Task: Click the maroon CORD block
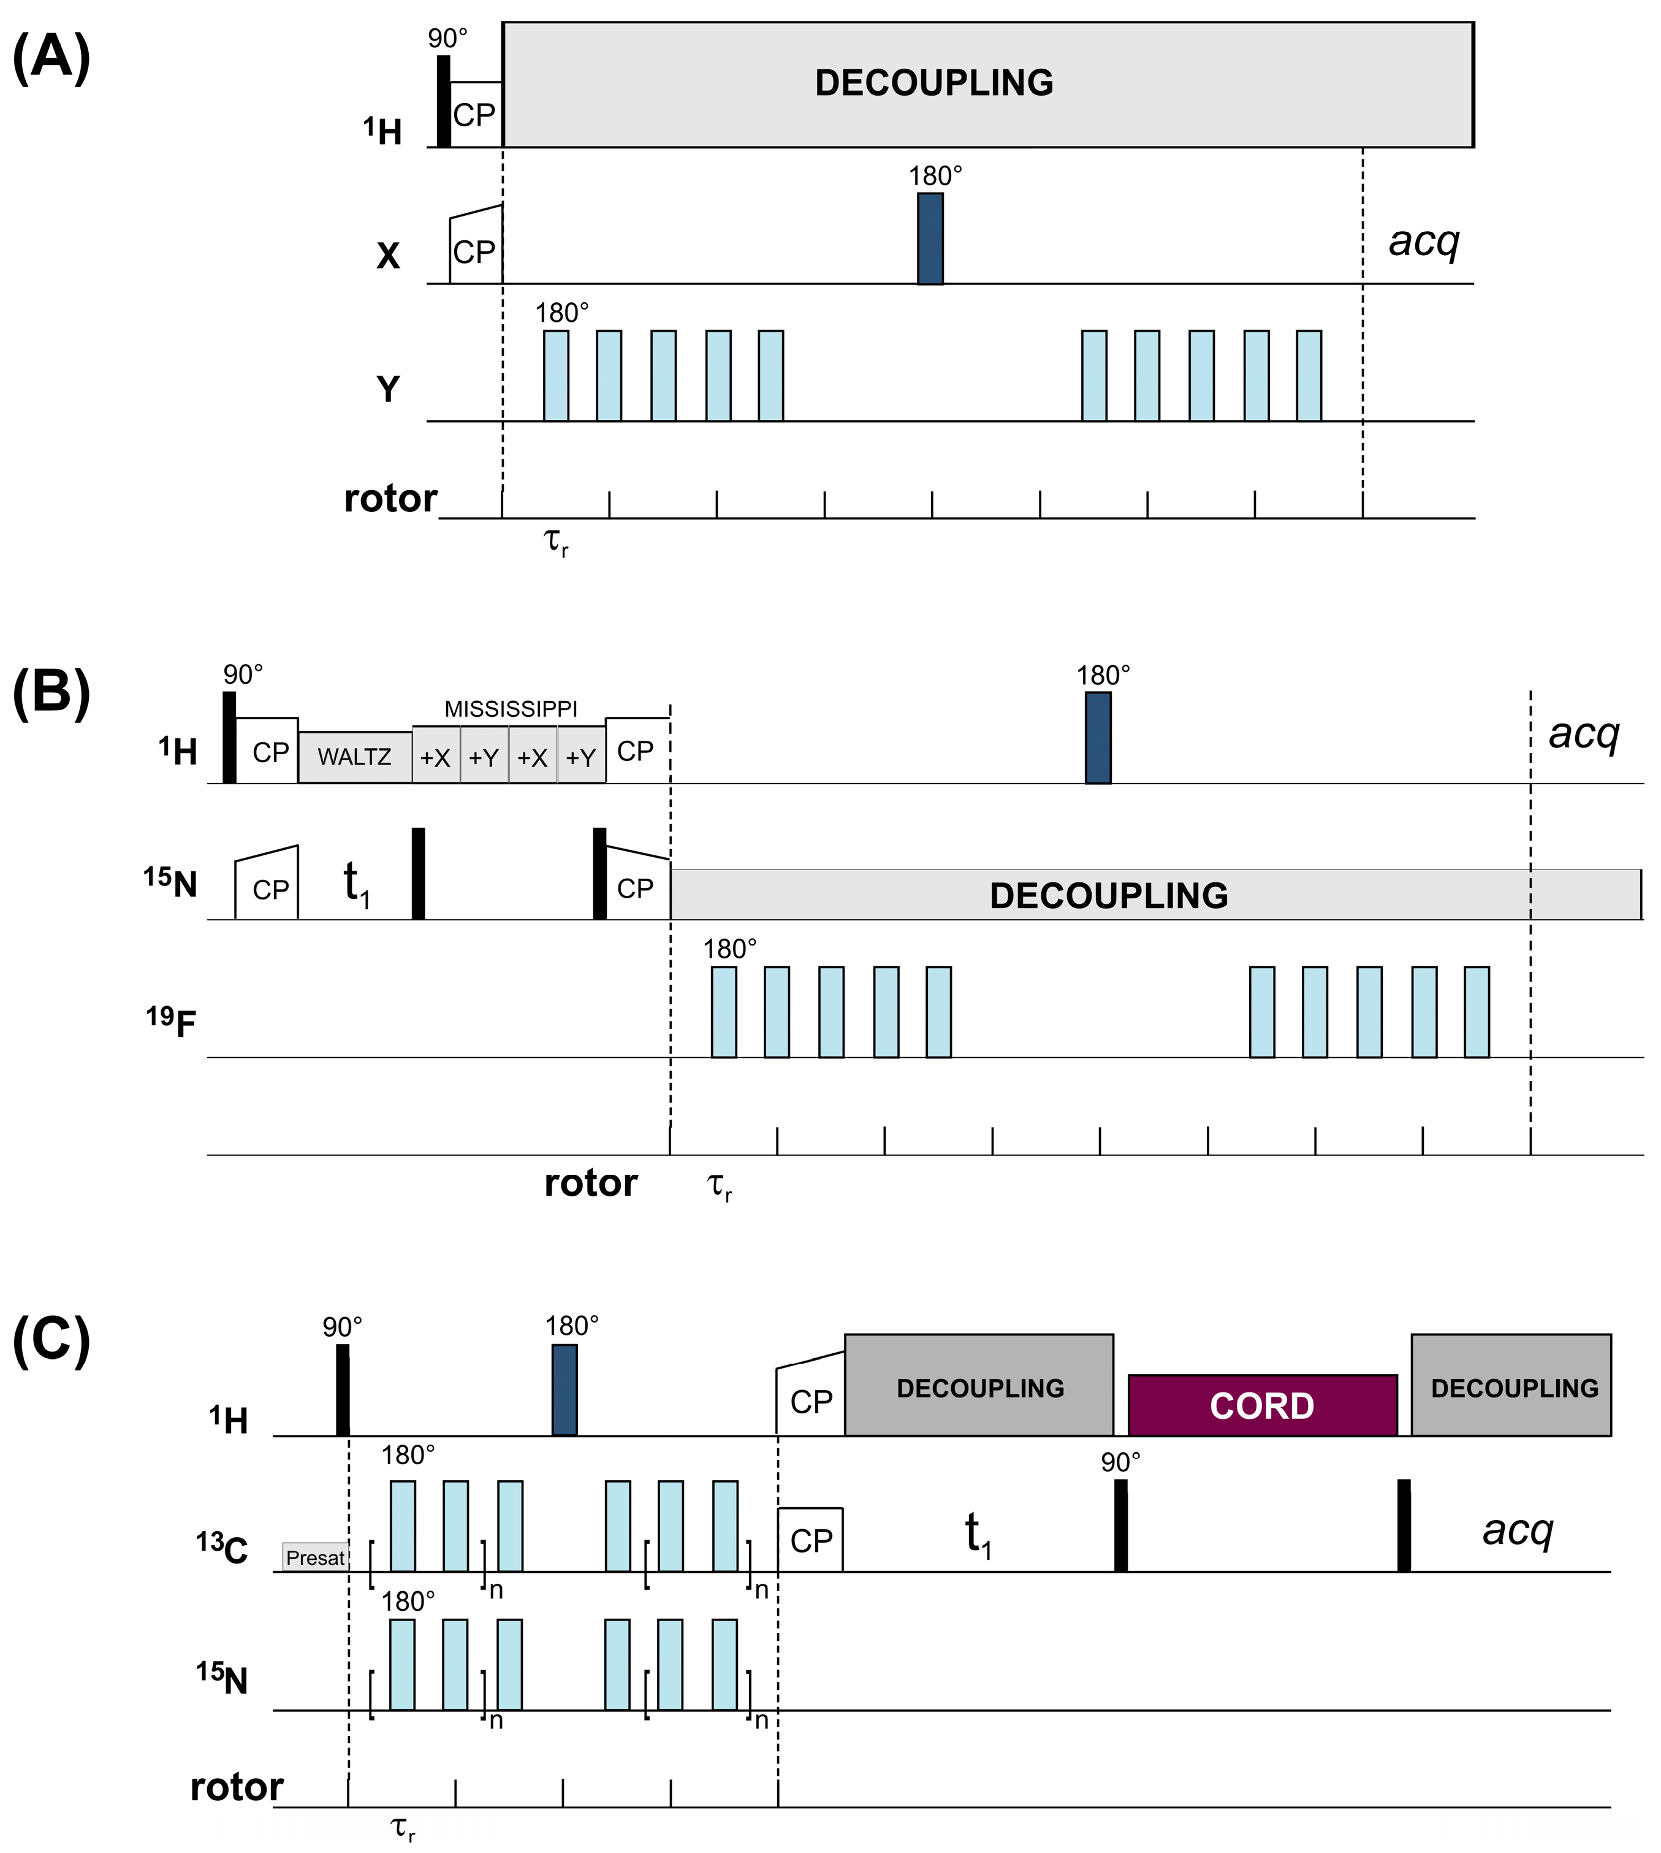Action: pyautogui.click(x=1262, y=1406)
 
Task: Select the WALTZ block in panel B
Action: pyautogui.click(x=354, y=757)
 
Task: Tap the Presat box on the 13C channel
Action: pyautogui.click(x=315, y=1558)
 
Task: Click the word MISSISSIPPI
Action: pyautogui.click(x=511, y=709)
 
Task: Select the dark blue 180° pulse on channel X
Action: pyautogui.click(x=930, y=239)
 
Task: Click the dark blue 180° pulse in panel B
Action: pyautogui.click(x=1098, y=738)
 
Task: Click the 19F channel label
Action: pyautogui.click(x=172, y=1022)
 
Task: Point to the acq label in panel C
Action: pyautogui.click(x=1518, y=1530)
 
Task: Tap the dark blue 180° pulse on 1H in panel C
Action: pyautogui.click(x=564, y=1389)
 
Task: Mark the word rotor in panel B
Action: pyautogui.click(x=590, y=1183)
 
